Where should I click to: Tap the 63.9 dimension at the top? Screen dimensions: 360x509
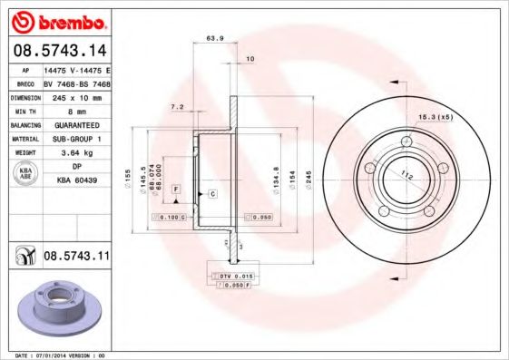[215, 39]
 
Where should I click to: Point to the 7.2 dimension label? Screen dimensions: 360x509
[178, 107]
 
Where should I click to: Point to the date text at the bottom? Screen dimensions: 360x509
[56, 355]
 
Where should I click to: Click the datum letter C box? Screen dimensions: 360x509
[211, 195]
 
